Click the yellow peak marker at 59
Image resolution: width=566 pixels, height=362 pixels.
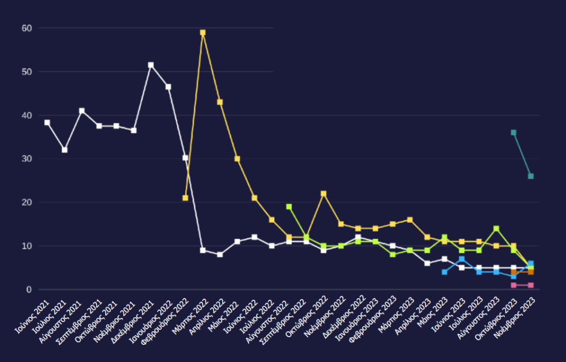[203, 33]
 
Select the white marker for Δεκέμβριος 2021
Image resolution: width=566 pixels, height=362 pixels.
[151, 65]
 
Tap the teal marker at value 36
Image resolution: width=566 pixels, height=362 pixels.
[513, 132]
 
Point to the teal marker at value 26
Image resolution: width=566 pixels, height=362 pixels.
[531, 176]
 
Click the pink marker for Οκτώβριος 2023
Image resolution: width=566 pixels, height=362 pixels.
[513, 285]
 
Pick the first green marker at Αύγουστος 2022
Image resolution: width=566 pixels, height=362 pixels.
[289, 206]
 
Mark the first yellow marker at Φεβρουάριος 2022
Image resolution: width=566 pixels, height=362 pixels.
[185, 198]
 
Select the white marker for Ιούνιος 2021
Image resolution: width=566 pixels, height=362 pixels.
[48, 123]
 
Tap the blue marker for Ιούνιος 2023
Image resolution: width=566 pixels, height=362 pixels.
[462, 259]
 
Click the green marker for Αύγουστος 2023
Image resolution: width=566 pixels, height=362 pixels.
[496, 228]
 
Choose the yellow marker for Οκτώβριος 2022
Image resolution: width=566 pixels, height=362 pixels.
[323, 194]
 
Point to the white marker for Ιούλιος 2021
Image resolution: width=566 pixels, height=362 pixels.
[65, 150]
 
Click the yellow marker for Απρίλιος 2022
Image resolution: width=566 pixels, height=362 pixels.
[220, 102]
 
